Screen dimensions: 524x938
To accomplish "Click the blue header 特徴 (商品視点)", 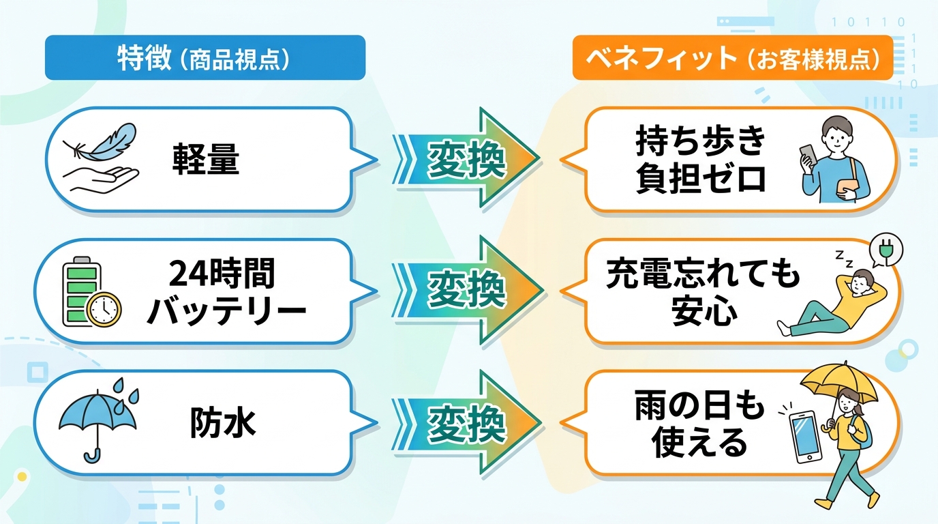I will [x=205, y=58].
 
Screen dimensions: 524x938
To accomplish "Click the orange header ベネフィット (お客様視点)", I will [x=732, y=58].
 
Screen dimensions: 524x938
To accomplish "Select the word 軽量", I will [x=206, y=160].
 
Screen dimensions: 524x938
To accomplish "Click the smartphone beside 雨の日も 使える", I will [x=805, y=436].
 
